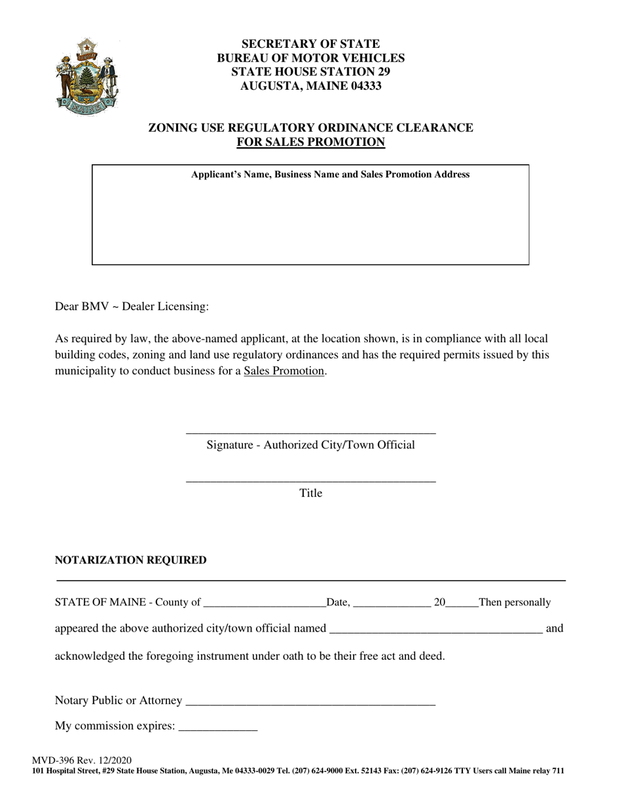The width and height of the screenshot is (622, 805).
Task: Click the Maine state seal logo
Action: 87,77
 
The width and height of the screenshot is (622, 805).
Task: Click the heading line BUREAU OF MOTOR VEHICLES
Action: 310,58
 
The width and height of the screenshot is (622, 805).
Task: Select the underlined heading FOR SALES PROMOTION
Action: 310,142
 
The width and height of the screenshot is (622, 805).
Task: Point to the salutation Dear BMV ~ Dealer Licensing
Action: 132,306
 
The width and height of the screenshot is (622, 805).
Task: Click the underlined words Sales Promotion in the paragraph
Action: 284,371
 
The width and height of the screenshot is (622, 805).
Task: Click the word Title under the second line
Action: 310,493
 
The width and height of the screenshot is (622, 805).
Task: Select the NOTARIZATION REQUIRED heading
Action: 130,560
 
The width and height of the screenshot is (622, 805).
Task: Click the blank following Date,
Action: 391,603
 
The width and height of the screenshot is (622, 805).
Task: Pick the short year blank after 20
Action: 462,603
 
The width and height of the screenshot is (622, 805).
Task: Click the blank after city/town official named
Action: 435,629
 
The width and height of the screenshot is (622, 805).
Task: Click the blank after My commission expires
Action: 217,726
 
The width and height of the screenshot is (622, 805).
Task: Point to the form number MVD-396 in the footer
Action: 54,760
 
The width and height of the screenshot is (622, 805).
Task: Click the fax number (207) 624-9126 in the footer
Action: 424,771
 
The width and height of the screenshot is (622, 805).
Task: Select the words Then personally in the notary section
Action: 515,602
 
